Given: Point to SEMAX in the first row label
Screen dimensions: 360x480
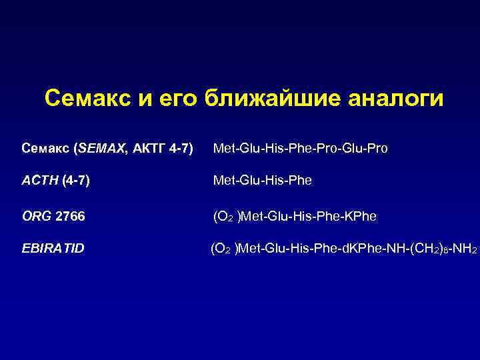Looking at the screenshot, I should (99, 147).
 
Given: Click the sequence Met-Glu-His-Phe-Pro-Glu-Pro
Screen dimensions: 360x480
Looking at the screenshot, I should (300, 147).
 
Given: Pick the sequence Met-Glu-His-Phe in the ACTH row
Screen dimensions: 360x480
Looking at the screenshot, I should (262, 180).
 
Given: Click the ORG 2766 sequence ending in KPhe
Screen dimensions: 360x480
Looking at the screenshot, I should (295, 216).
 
